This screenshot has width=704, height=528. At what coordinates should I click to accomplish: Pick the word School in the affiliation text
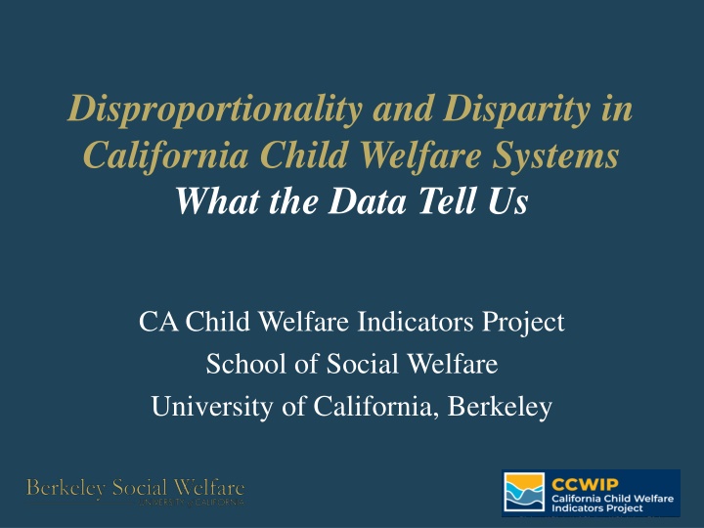(239, 365)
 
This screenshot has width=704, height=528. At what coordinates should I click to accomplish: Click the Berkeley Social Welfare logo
(136, 492)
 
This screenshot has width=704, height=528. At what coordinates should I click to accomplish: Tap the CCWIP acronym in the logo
(578, 481)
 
